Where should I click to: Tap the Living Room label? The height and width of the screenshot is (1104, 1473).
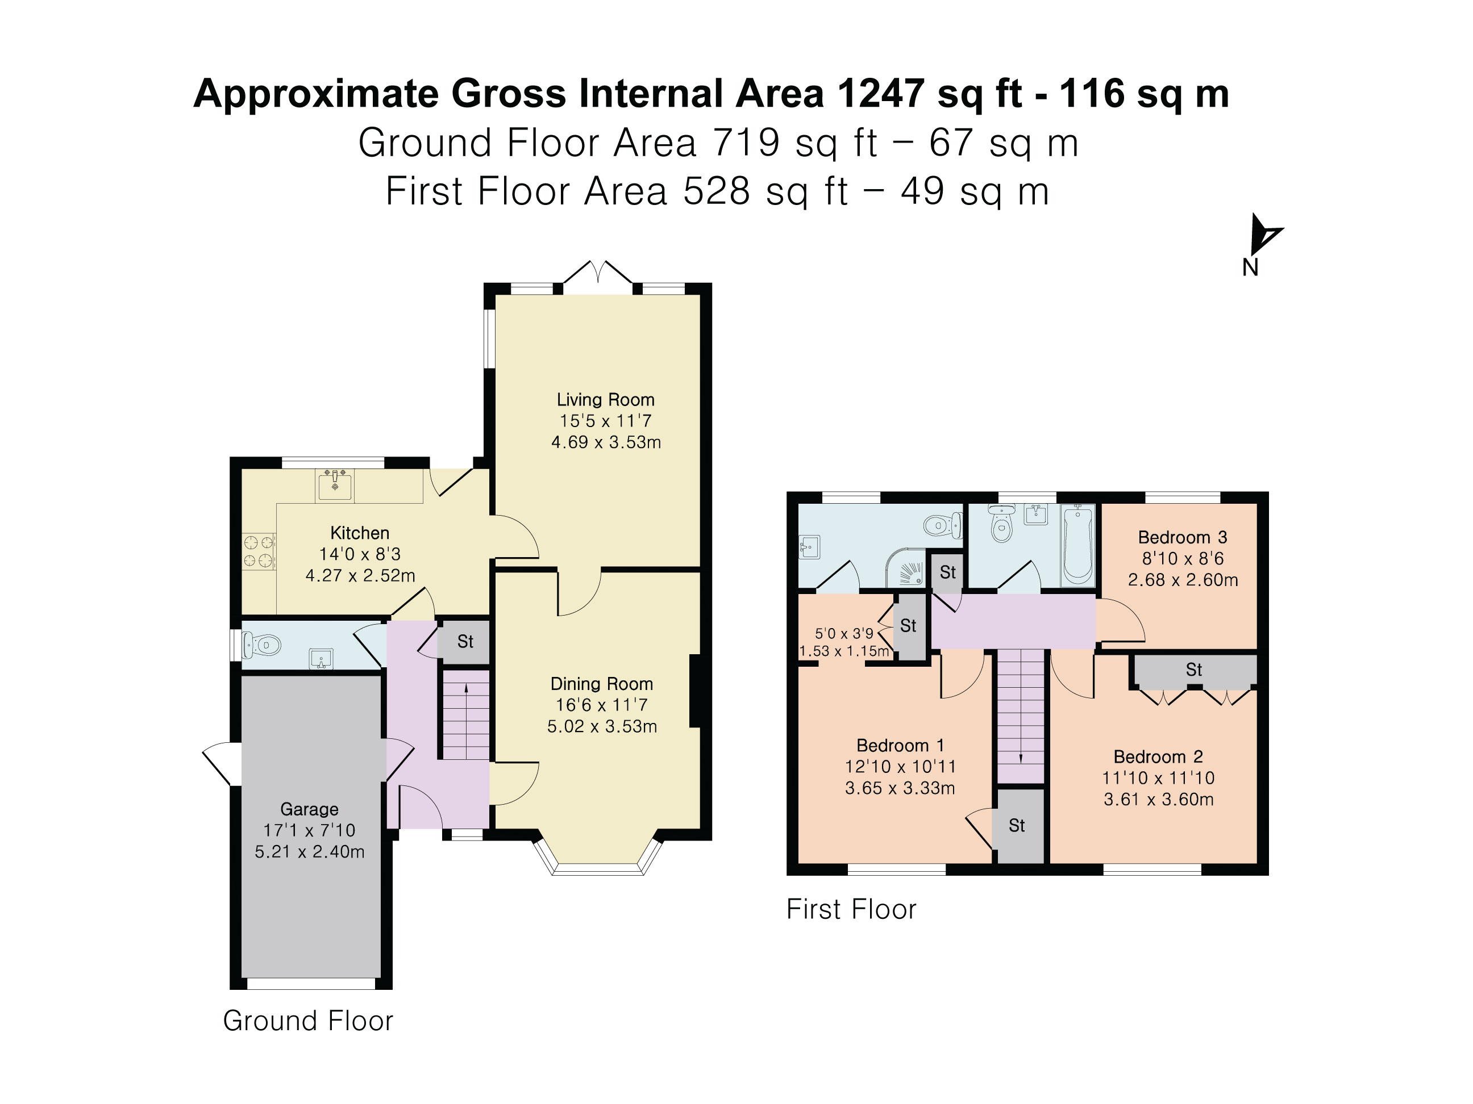pos(605,400)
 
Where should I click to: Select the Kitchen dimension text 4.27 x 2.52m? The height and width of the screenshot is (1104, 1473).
pos(360,576)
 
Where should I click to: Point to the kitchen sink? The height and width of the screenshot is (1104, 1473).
pos(334,484)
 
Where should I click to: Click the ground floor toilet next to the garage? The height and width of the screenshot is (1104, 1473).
pos(261,644)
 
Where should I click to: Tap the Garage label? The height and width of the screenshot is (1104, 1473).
pos(310,809)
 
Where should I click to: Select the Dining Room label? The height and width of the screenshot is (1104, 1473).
pos(602,684)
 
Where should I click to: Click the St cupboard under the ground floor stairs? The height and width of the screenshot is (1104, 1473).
pos(465,642)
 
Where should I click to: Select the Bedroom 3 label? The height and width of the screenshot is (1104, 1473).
pos(1183,538)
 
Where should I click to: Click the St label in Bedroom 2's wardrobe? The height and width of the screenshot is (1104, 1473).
pos(1194,670)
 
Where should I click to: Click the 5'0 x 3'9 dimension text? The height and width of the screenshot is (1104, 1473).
pos(844,634)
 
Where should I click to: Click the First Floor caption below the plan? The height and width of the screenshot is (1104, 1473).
pos(851,910)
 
